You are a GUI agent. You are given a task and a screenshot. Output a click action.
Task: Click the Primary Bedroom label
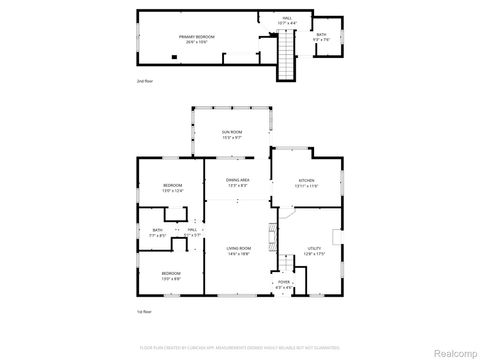(x=197, y=38)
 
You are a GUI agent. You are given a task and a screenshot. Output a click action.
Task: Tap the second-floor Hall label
(x=286, y=20)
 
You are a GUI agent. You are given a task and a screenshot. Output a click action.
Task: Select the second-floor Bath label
(x=321, y=37)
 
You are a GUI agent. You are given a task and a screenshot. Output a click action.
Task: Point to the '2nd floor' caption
(x=145, y=80)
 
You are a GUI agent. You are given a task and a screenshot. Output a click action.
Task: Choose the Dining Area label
(x=238, y=182)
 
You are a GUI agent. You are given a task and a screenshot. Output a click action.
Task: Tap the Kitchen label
(x=305, y=183)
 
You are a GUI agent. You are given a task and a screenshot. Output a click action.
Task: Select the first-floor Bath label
(x=158, y=233)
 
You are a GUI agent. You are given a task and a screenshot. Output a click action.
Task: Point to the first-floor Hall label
(x=190, y=233)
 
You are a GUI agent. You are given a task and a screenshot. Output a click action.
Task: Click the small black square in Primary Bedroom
(x=174, y=56)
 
